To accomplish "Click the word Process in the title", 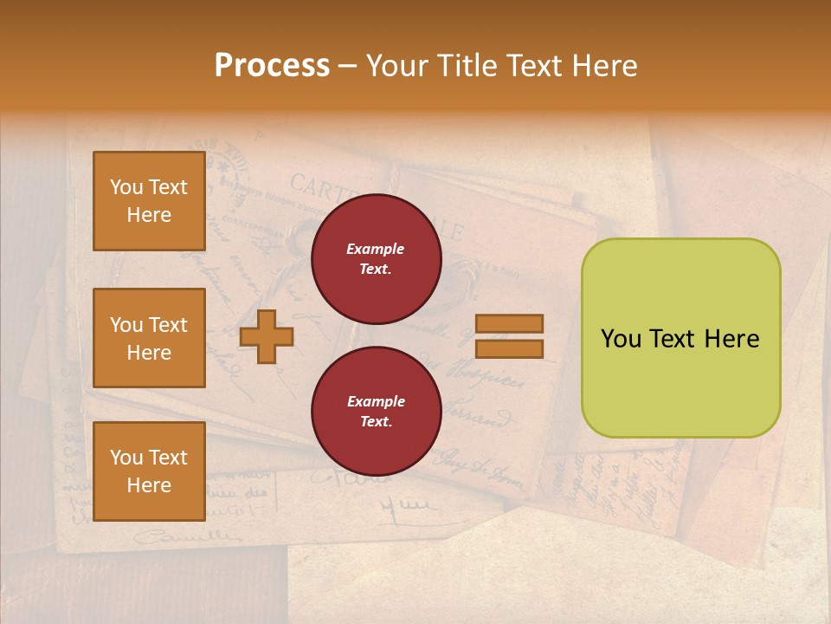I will tap(272, 66).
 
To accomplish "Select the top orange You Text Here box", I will tap(149, 201).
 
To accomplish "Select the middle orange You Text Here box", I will tap(149, 338).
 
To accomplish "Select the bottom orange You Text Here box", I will tap(149, 471).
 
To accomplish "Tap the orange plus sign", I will tap(267, 336).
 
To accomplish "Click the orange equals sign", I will tap(509, 336).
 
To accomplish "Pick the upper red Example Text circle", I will tap(376, 259).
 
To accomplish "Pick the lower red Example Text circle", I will tap(376, 412).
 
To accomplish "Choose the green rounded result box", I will tap(680, 338).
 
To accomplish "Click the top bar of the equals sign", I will tap(509, 324).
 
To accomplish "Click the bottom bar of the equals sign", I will tap(509, 349).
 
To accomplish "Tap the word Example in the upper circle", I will tap(376, 249).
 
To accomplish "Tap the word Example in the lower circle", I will tap(376, 401).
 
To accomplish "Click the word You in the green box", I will tap(621, 339).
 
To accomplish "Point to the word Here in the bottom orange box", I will tap(149, 485).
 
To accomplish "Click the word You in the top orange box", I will tap(126, 187).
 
